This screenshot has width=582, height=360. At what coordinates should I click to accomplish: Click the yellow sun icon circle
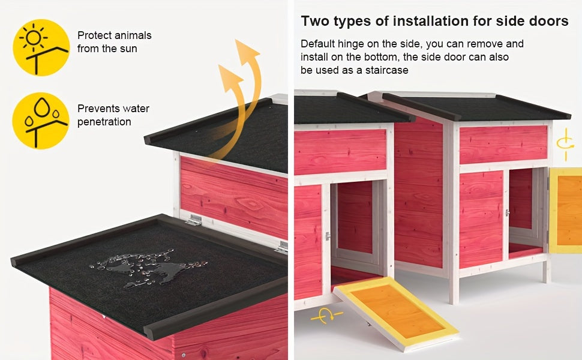tap(41, 47)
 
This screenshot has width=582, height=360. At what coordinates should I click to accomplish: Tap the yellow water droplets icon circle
tap(41, 121)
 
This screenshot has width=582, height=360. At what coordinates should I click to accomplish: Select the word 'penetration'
tap(104, 122)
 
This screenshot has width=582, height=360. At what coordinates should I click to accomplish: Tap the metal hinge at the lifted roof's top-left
tap(194, 220)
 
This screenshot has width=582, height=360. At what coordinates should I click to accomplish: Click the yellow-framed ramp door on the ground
tap(396, 313)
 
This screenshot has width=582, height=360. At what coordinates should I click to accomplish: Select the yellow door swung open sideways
tap(565, 210)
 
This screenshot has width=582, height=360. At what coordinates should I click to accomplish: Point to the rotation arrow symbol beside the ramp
tap(326, 316)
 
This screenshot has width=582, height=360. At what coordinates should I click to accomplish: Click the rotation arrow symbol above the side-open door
tap(565, 144)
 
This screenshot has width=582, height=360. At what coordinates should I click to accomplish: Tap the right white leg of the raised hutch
tap(546, 271)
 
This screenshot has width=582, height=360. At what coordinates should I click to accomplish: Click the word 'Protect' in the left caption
tap(94, 35)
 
